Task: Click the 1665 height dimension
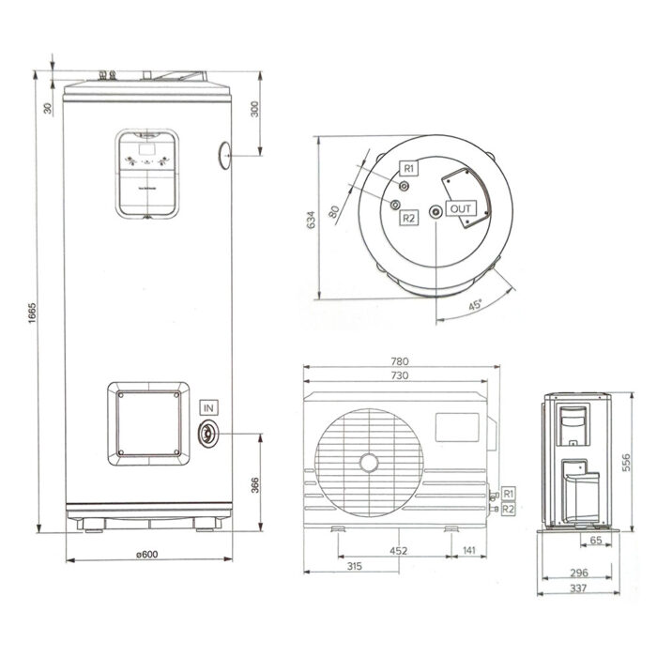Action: [31, 309]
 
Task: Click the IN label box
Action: [207, 406]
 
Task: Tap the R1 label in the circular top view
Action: [409, 167]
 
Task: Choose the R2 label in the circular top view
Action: [409, 218]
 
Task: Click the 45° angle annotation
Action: [476, 305]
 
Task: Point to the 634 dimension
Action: [311, 221]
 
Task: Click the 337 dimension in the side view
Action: [579, 588]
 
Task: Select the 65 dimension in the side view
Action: [596, 542]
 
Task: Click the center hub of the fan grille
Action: [369, 462]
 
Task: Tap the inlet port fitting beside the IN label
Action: [206, 434]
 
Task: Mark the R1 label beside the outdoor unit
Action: [509, 493]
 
